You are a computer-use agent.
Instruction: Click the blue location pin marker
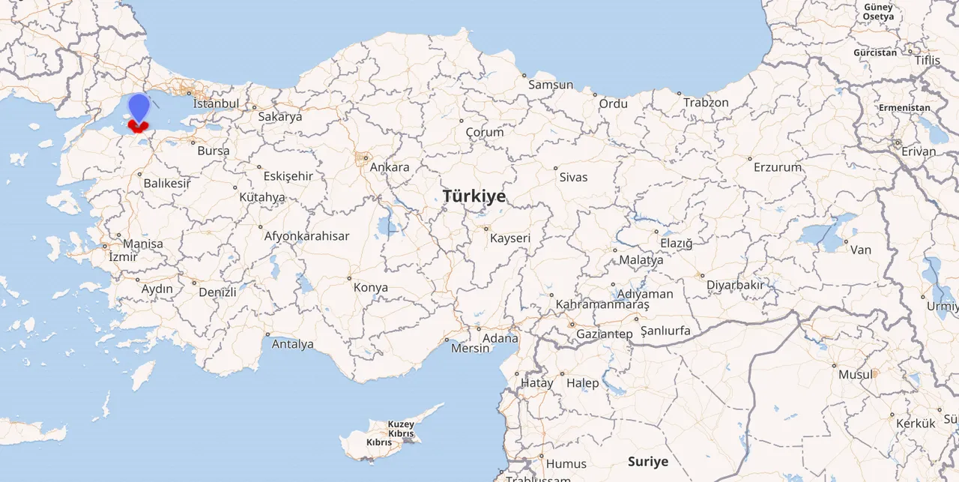(x=139, y=106)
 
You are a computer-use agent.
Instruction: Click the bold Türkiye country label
(x=474, y=196)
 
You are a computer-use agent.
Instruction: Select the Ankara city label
(x=390, y=166)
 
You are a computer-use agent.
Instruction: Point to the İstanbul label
(x=216, y=103)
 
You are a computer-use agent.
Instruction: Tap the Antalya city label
(x=292, y=344)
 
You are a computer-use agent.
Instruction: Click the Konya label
(x=371, y=287)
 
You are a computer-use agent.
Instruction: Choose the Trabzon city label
(x=706, y=102)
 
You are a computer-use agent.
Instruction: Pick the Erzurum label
(x=778, y=167)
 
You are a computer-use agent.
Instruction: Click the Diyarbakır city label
(x=735, y=285)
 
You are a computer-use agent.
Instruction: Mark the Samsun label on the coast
(x=551, y=85)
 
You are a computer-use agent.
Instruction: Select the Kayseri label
(x=510, y=238)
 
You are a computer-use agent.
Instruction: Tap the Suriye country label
(x=648, y=461)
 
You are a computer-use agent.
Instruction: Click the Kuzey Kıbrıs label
(x=402, y=429)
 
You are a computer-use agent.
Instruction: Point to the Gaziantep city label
(x=605, y=334)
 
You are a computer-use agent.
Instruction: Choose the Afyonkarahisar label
(x=306, y=235)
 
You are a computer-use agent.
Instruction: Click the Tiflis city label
(x=927, y=60)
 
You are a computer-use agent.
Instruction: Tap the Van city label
(x=861, y=249)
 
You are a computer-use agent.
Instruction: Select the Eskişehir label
(x=288, y=176)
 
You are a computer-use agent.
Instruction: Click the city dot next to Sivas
(x=556, y=168)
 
